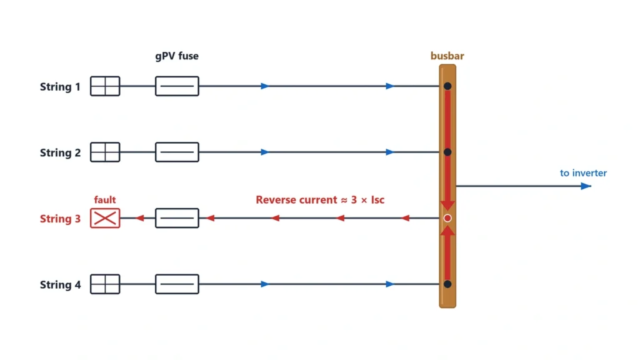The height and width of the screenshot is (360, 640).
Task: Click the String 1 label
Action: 60,87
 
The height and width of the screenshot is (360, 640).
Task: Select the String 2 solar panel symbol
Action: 105,152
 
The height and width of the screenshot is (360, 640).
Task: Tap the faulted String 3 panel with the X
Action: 105,218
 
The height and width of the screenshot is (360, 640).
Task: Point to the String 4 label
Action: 60,285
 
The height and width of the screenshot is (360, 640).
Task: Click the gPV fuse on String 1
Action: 177,86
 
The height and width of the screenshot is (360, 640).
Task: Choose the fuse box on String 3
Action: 177,218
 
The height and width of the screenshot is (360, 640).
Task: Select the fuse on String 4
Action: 177,284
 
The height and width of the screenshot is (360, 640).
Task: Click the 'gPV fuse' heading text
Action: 177,56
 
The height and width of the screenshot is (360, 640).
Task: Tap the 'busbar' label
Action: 447,56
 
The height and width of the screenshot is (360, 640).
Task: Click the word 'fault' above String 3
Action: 105,199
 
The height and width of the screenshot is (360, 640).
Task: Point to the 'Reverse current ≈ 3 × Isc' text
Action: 320,199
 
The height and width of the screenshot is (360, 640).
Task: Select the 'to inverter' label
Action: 583,173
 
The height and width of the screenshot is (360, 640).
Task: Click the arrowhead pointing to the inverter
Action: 586,186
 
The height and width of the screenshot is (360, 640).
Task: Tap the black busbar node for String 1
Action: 447,86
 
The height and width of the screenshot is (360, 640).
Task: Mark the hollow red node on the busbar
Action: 447,218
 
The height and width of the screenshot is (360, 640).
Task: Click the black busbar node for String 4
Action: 447,284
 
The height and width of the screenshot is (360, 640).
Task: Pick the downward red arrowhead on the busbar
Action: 447,205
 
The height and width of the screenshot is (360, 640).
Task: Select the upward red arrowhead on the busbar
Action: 447,231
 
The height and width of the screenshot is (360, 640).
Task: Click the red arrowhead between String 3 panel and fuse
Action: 140,218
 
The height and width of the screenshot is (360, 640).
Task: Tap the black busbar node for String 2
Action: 447,152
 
